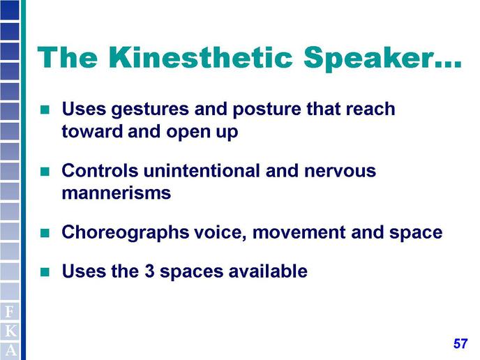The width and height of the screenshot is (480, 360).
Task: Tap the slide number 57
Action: (x=460, y=343)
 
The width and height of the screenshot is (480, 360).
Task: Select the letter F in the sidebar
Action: (x=10, y=312)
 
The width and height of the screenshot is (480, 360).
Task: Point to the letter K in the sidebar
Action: (x=10, y=331)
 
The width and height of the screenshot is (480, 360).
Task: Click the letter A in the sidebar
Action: (x=10, y=350)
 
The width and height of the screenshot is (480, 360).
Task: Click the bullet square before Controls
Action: (x=45, y=171)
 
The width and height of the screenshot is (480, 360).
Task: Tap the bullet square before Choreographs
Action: (x=45, y=233)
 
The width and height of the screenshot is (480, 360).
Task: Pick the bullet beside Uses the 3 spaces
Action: (x=45, y=272)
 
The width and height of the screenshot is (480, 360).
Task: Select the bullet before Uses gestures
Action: (x=45, y=110)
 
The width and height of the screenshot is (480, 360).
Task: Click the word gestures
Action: (x=150, y=110)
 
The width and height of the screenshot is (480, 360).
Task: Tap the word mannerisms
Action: (x=117, y=193)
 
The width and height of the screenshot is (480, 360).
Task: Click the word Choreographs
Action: (x=125, y=233)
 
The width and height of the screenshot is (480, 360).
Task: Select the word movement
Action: (x=299, y=232)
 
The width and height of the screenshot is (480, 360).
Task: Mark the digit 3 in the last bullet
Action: (x=149, y=271)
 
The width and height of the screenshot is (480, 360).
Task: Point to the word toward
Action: (x=93, y=132)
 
